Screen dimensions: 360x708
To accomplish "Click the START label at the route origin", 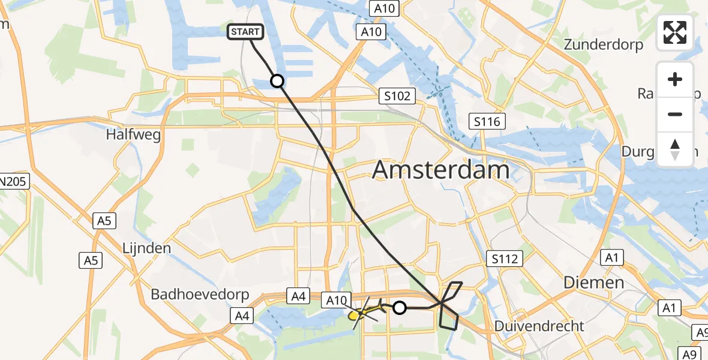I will (x=245, y=32).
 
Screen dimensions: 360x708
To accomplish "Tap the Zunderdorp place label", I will (x=604, y=44).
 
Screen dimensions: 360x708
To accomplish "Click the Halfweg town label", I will (x=133, y=135).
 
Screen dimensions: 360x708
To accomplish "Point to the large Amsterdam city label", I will (x=441, y=170).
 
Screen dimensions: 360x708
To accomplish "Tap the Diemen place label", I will (x=593, y=282).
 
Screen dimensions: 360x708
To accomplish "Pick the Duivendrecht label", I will (x=539, y=326).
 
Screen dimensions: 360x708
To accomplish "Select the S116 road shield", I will (x=487, y=122).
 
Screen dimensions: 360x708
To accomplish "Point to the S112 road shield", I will (x=504, y=259).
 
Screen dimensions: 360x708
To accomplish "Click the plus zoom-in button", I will (x=675, y=79).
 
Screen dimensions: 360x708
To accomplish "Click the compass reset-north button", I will (x=675, y=149).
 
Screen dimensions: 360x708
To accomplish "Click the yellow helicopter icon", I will (x=356, y=314).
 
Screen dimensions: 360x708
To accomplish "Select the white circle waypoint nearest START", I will (x=277, y=80).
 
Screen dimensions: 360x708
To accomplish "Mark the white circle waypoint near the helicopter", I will (x=400, y=308).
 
